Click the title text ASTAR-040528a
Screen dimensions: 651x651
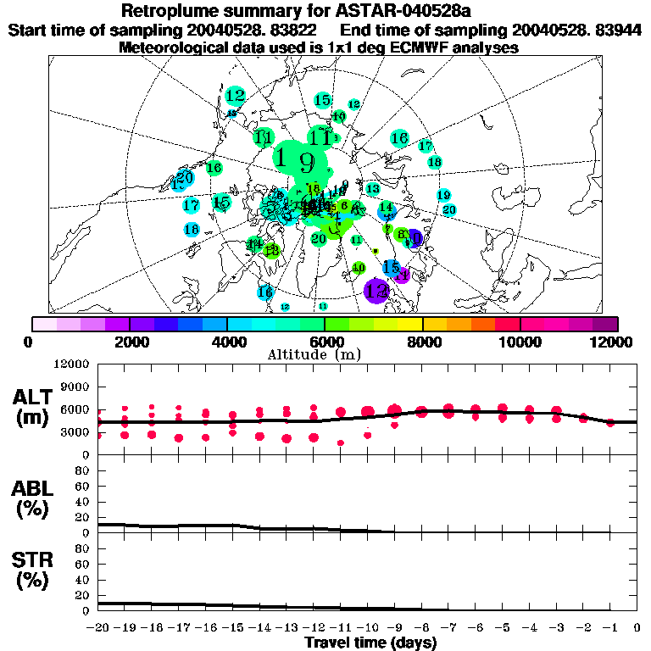393,11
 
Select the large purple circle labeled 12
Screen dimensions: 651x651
376,291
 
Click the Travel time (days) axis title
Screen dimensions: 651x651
370,643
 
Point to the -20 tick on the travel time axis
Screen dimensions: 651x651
99,628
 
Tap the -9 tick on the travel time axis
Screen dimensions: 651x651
395,628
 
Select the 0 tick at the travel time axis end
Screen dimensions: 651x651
637,628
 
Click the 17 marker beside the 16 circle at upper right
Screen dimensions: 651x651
426,146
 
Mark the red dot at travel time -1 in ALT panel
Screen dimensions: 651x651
610,422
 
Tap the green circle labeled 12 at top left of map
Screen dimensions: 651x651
236,96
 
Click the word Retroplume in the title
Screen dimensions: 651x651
170,11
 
